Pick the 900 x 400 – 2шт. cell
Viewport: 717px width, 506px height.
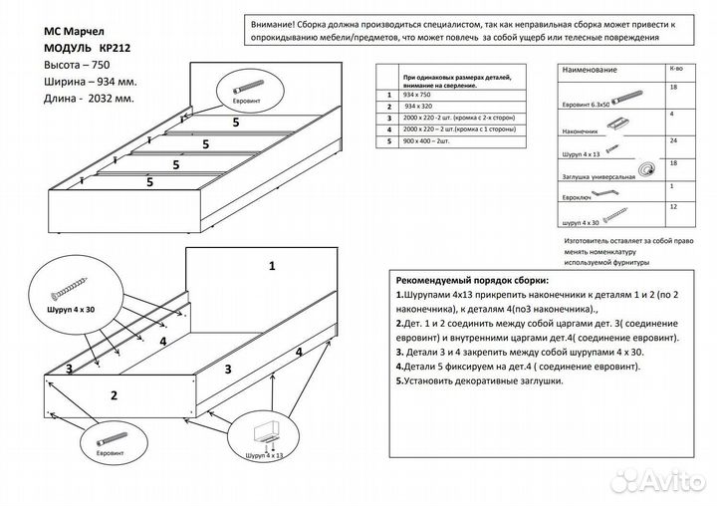(427, 141)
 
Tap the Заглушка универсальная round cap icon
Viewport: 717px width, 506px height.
(650, 169)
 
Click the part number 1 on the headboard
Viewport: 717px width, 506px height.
(271, 265)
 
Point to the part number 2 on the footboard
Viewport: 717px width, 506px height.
(114, 395)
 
